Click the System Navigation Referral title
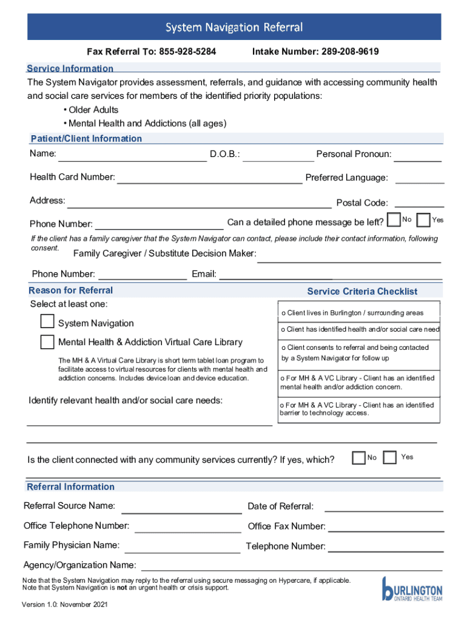(x=234, y=27)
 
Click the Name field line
(x=132, y=159)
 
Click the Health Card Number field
(x=209, y=180)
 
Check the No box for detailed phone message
(x=394, y=219)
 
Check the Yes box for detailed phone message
(x=424, y=219)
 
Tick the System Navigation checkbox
(x=47, y=321)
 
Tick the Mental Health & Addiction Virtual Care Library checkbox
(x=47, y=342)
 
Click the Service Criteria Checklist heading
(x=362, y=292)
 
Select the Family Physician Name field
(x=182, y=550)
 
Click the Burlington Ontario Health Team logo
(x=412, y=590)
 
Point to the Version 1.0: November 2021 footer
(x=65, y=605)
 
